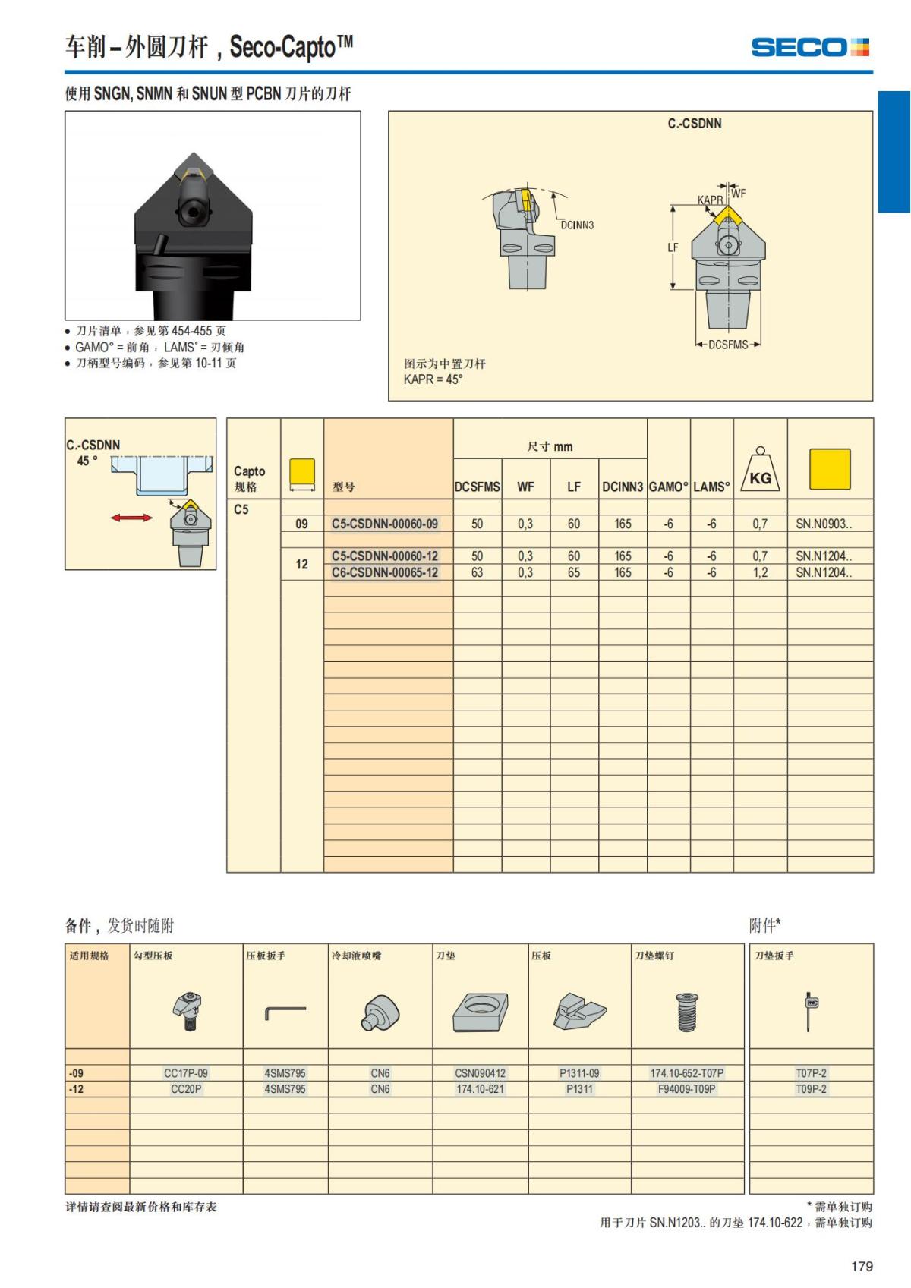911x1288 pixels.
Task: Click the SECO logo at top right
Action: point(809,47)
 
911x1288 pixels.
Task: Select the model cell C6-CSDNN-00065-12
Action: point(385,572)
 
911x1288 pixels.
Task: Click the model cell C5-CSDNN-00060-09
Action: point(385,524)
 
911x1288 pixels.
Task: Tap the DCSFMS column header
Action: point(477,487)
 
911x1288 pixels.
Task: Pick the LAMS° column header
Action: point(711,487)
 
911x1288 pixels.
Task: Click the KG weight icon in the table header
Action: point(760,470)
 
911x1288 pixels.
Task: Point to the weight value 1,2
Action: point(760,572)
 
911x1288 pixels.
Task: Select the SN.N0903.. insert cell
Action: point(824,524)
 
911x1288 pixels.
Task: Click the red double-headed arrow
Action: point(131,518)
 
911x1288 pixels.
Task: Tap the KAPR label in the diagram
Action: point(710,200)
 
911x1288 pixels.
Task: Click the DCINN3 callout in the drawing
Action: point(577,225)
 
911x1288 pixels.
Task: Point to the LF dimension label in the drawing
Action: point(673,247)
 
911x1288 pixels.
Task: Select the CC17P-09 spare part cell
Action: point(186,1073)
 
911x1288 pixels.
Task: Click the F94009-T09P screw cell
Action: point(687,1089)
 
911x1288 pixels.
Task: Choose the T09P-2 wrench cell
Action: point(811,1089)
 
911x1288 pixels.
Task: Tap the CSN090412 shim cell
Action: point(480,1073)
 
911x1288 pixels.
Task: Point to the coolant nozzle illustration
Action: point(380,1012)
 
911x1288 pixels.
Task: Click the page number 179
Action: point(862,1266)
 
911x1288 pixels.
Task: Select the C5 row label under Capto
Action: point(241,509)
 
